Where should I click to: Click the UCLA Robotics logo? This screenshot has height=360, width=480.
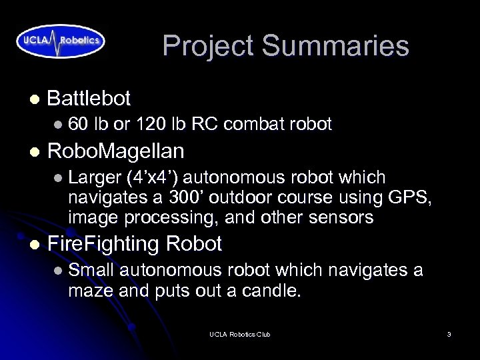pos(61,40)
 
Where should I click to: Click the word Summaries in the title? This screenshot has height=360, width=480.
pos(335,46)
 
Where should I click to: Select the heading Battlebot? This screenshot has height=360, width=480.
pos(89,99)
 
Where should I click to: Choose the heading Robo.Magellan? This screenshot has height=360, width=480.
pos(115,151)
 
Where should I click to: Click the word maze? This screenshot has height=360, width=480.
pos(91,290)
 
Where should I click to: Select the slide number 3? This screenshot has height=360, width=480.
pos(449,334)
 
